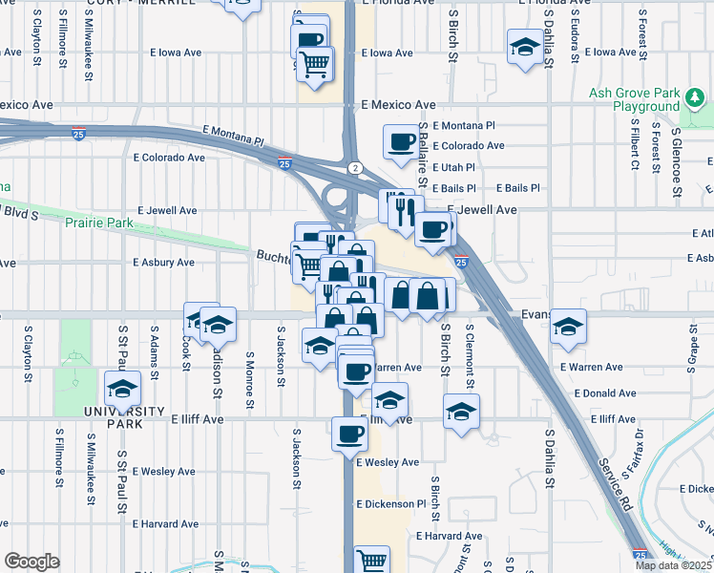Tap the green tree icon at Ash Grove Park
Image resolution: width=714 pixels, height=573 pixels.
click(x=696, y=97)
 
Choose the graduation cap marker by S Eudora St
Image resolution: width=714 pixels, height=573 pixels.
click(x=523, y=48)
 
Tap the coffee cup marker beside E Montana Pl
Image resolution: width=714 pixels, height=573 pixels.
click(x=400, y=142)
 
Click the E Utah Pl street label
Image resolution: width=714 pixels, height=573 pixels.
click(x=453, y=167)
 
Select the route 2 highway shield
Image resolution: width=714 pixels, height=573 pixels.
click(x=355, y=168)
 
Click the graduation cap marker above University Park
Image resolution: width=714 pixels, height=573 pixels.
click(x=122, y=391)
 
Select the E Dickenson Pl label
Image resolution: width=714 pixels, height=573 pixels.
click(x=390, y=503)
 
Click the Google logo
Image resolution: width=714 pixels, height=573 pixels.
click(x=31, y=562)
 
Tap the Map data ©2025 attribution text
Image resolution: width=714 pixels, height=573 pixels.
click(x=674, y=565)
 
